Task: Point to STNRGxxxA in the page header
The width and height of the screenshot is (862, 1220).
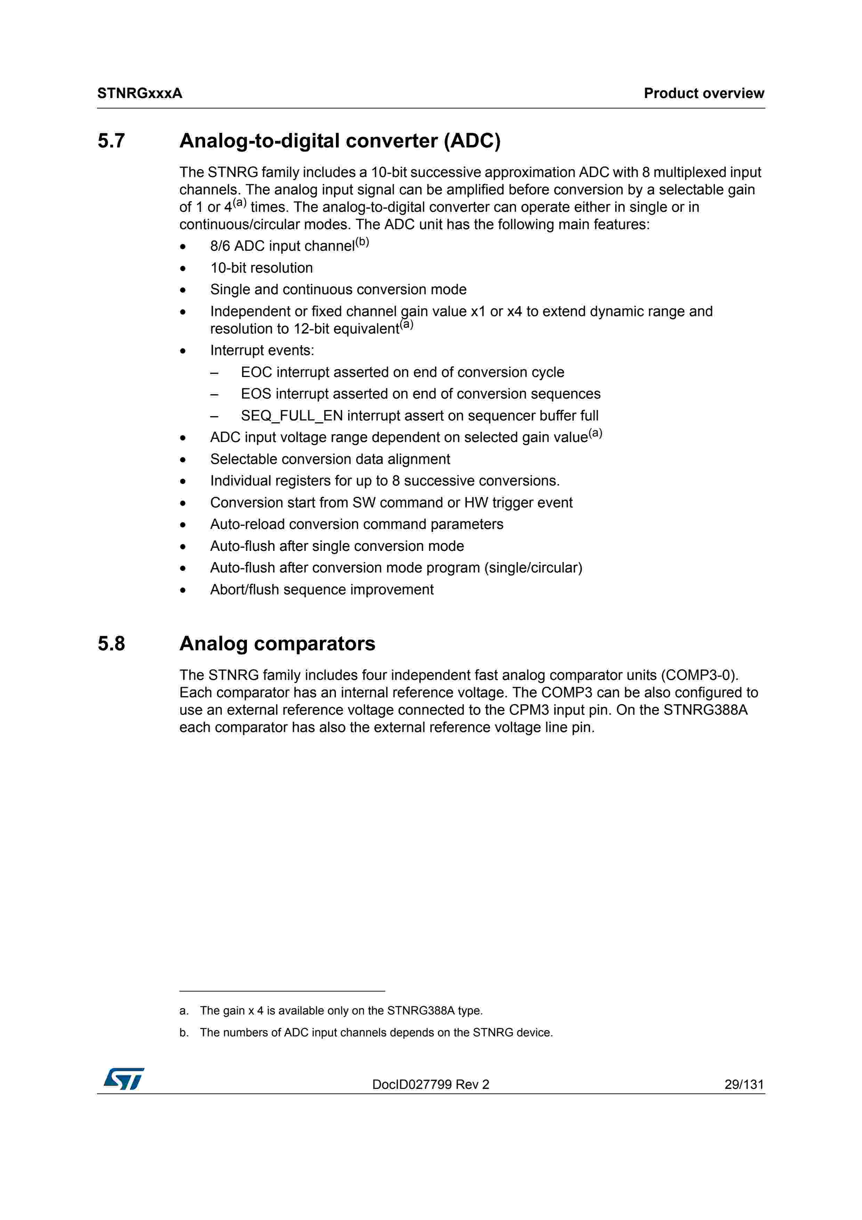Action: pos(140,94)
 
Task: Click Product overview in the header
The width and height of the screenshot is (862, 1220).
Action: pos(704,94)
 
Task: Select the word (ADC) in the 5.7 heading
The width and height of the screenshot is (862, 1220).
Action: pos(472,141)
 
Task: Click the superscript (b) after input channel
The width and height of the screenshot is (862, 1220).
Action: pos(362,242)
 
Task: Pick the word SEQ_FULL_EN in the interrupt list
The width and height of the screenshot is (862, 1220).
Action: pos(292,416)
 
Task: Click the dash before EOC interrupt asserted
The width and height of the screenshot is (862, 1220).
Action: pos(214,372)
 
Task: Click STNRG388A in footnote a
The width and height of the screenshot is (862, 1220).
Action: pos(421,1011)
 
